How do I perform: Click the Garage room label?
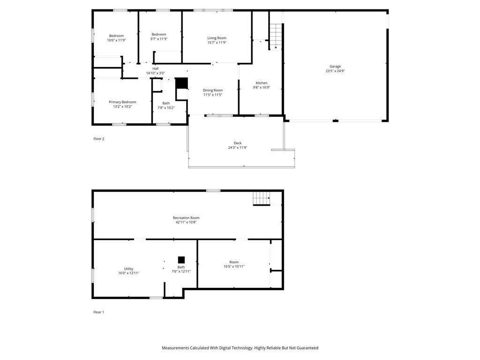335,67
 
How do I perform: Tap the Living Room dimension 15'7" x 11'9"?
217,42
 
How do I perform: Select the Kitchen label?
261,83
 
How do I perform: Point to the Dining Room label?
212,90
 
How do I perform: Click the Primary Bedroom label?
122,102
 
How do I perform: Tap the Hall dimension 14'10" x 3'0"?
155,73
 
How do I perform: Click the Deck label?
238,143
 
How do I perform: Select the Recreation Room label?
186,217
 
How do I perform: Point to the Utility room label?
128,269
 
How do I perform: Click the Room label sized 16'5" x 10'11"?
234,262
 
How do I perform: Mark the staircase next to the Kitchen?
276,36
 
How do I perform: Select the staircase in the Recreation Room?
262,199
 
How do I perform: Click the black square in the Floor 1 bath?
181,260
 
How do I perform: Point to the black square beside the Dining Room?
181,83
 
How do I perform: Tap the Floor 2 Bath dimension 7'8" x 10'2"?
166,108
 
